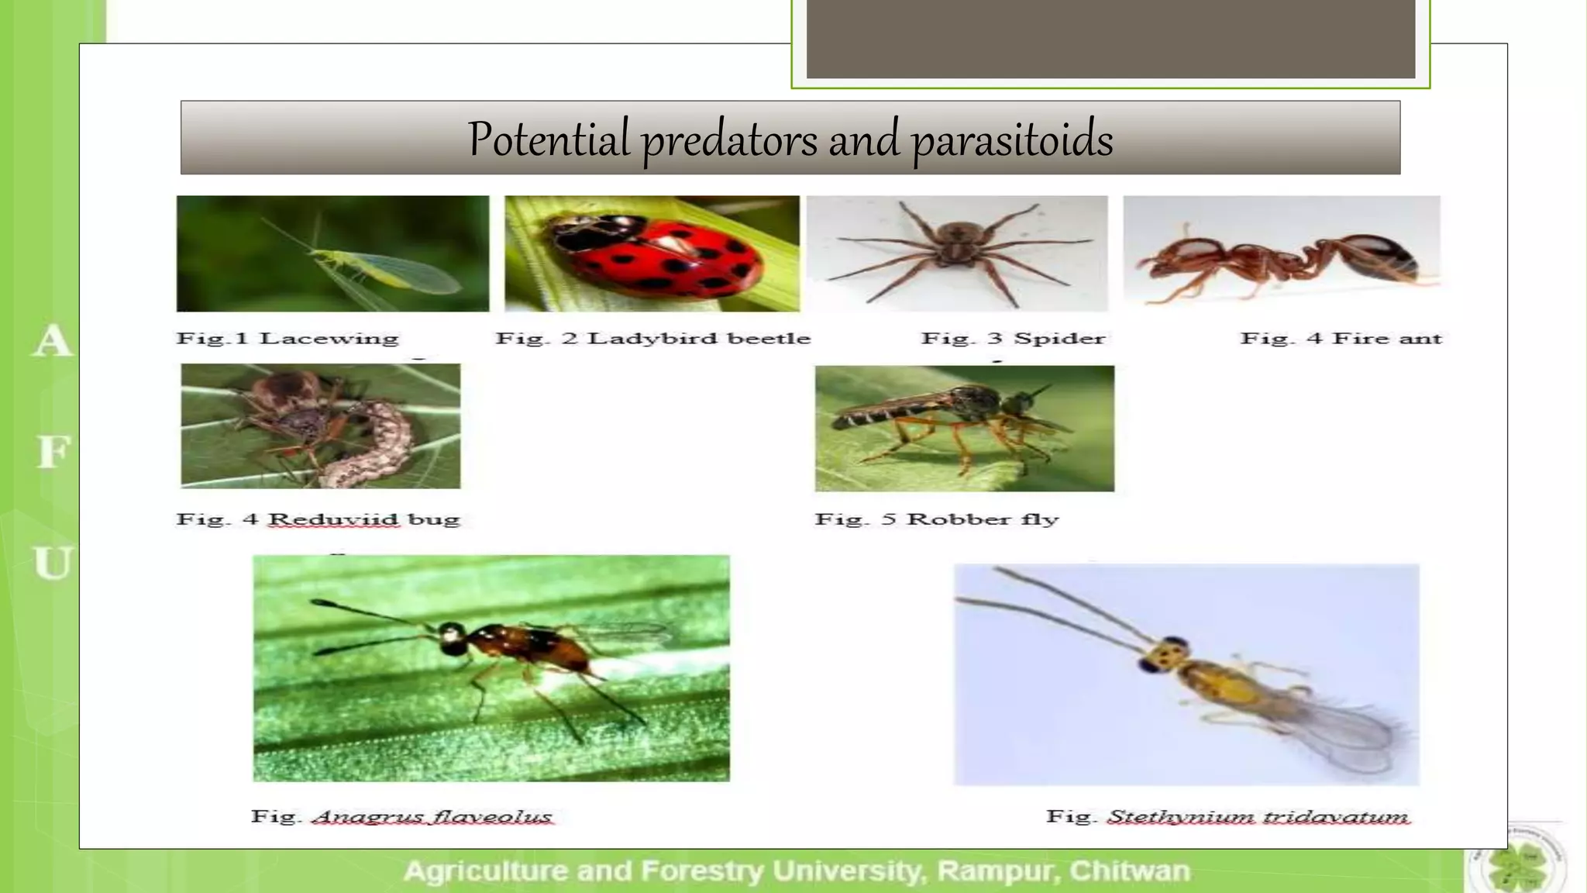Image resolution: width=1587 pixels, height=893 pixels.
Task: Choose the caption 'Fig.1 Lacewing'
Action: coord(287,339)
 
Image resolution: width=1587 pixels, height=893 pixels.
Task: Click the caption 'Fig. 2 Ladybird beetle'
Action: coord(652,339)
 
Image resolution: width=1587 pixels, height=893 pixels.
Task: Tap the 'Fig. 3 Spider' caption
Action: coord(1013,339)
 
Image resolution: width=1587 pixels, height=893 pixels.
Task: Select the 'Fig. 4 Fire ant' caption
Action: coord(1341,339)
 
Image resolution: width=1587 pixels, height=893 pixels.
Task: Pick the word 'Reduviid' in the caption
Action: coord(333,519)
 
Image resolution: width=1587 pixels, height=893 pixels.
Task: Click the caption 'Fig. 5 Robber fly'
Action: coord(936,519)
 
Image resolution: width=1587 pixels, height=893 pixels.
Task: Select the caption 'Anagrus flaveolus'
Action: coord(432,817)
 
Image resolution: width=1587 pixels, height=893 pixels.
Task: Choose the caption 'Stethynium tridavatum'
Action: coord(1257,817)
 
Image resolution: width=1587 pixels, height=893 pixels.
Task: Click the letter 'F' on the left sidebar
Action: coord(53,452)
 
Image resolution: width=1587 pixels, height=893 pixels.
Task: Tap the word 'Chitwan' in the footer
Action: coord(1129,871)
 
